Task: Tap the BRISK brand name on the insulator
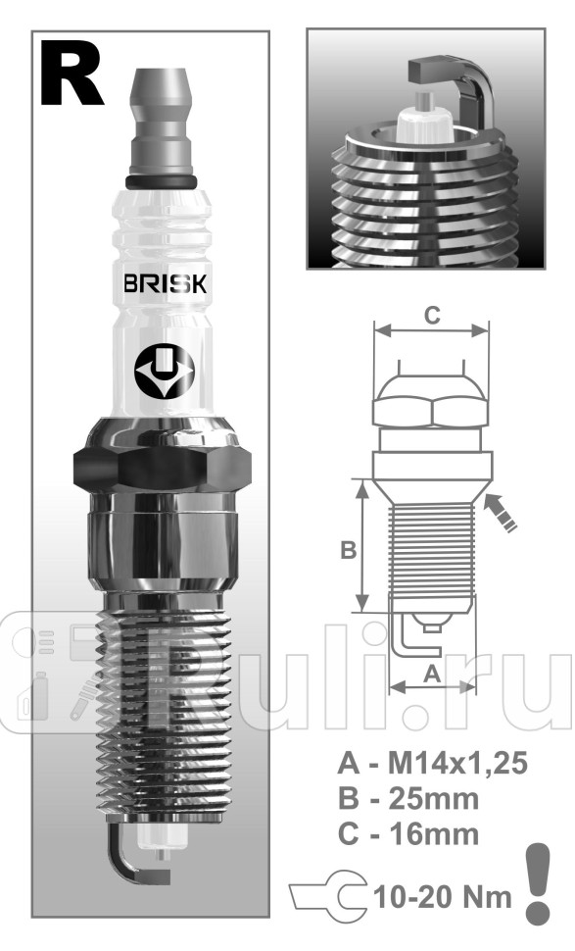point(164,286)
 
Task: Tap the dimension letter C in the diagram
point(431,315)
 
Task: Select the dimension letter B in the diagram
point(347,551)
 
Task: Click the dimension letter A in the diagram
point(431,674)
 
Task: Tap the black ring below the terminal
point(164,181)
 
